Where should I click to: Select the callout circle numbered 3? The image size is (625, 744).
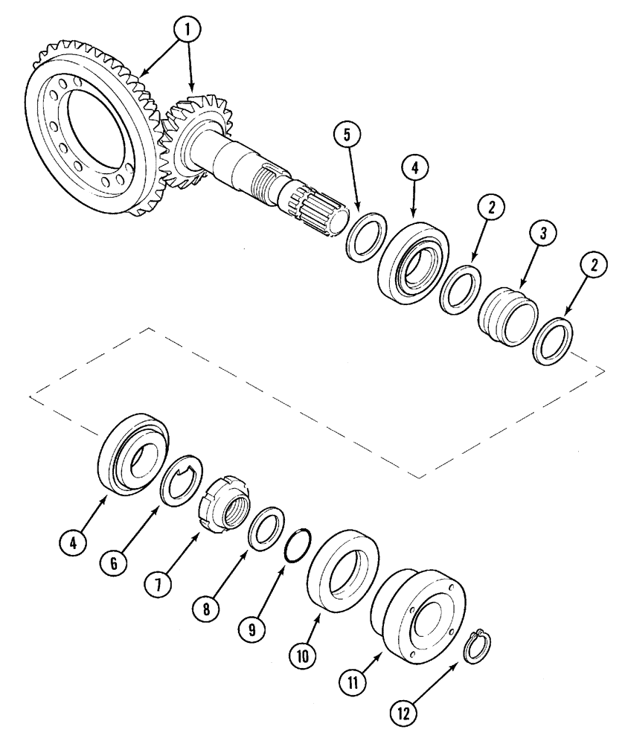click(x=543, y=233)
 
